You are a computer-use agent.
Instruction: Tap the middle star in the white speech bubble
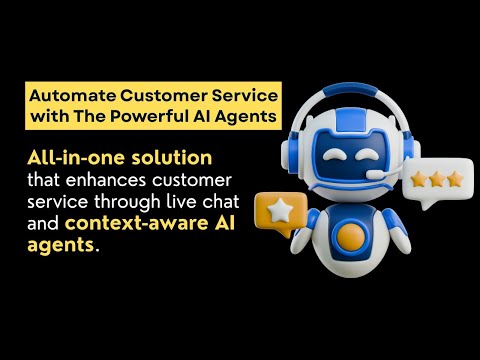click(x=436, y=179)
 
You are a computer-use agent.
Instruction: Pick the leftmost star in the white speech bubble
click(x=418, y=179)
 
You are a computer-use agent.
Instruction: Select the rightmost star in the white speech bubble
click(x=455, y=179)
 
